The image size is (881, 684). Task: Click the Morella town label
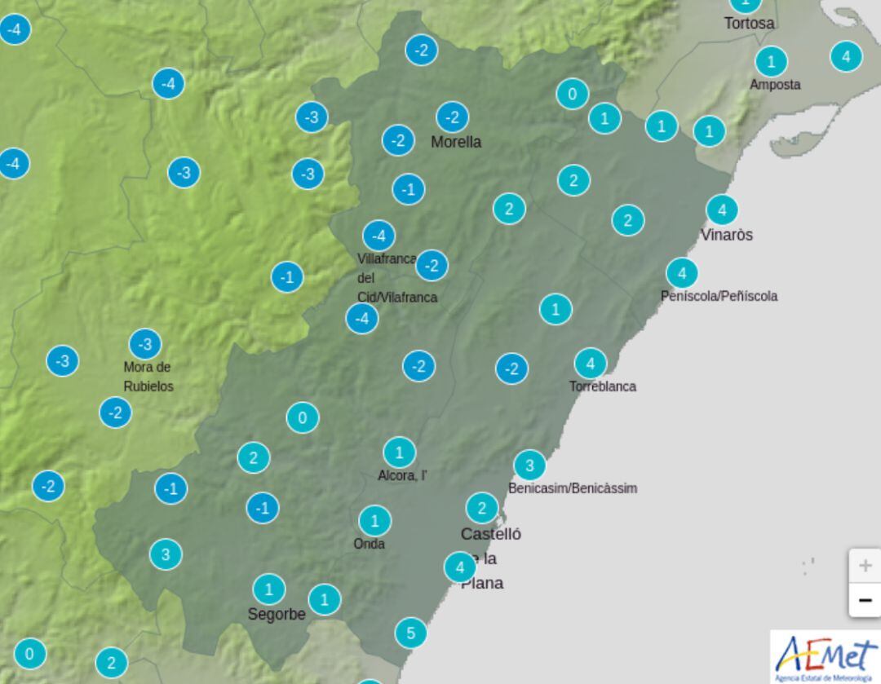pyautogui.click(x=456, y=142)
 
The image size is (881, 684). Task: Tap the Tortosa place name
pyautogui.click(x=749, y=24)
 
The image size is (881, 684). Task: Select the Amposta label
pyautogui.click(x=775, y=85)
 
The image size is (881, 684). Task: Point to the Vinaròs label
pyautogui.click(x=726, y=235)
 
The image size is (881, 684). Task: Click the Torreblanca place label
pyautogui.click(x=602, y=386)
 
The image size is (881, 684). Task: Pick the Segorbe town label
pyautogui.click(x=277, y=615)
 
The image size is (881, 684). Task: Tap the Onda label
pyautogui.click(x=369, y=544)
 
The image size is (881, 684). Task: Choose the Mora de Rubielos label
pyautogui.click(x=148, y=377)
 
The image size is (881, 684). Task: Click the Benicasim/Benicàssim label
pyautogui.click(x=572, y=488)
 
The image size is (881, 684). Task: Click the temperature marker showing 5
pyautogui.click(x=410, y=633)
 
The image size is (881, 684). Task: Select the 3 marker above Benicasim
pyautogui.click(x=529, y=466)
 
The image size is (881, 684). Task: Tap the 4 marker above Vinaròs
pyautogui.click(x=721, y=210)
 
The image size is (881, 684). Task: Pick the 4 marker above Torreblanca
pyautogui.click(x=590, y=364)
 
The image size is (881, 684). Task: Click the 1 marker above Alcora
pyautogui.click(x=399, y=452)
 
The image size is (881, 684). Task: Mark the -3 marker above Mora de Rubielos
pyautogui.click(x=144, y=344)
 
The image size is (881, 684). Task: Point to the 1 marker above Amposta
pyautogui.click(x=770, y=61)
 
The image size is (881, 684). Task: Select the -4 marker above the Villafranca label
pyautogui.click(x=378, y=236)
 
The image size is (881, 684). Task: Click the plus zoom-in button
pyautogui.click(x=865, y=565)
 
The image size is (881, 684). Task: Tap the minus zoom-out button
pyautogui.click(x=865, y=601)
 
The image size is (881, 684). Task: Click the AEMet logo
pyautogui.click(x=825, y=657)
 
